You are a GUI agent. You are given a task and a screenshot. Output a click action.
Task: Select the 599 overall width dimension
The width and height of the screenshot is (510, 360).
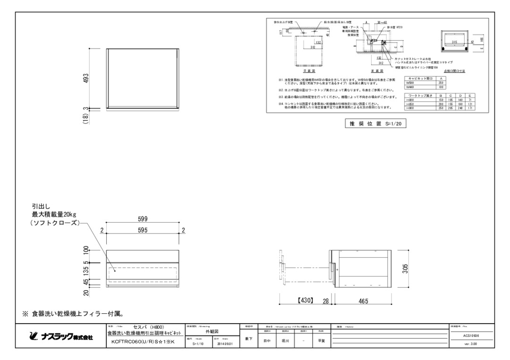pyautogui.click(x=142, y=218)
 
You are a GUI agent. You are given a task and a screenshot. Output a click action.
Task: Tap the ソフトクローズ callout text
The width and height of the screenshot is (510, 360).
pyautogui.click(x=55, y=223)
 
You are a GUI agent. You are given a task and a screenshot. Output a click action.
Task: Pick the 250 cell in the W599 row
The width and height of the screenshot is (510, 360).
pyautogui.click(x=441, y=83)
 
